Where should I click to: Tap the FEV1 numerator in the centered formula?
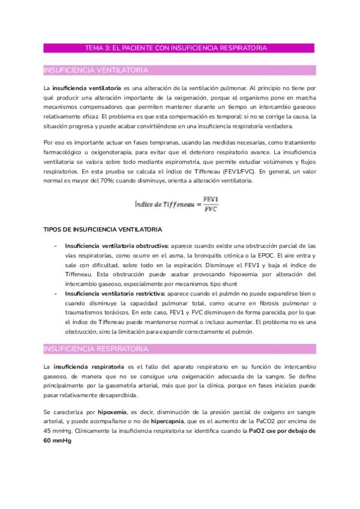[x=211, y=199]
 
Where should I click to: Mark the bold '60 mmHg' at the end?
[x=58, y=442]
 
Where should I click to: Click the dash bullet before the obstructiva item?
[x=56, y=246]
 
